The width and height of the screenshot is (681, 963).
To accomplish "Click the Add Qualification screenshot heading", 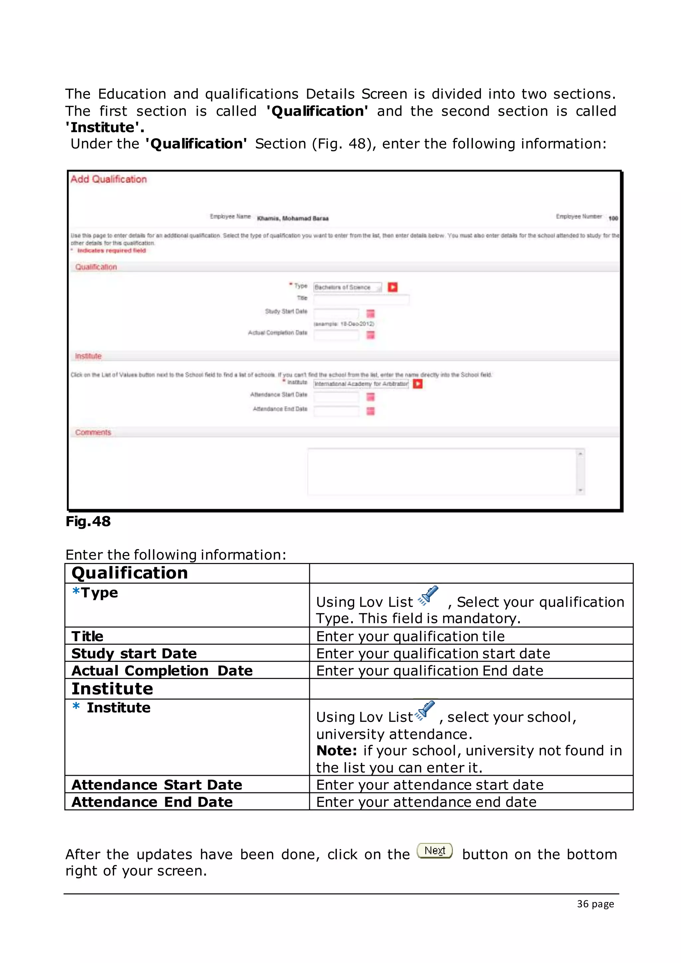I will [109, 180].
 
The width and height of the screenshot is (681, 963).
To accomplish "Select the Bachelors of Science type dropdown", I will [347, 287].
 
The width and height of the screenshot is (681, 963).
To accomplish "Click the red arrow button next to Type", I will [392, 287].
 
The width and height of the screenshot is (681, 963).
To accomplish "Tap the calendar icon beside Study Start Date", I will [370, 313].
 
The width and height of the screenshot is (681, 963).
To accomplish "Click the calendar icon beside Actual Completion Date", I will [370, 335].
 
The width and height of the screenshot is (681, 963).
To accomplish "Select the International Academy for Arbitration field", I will [361, 384].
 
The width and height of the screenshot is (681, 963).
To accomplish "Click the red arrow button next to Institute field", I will [418, 384].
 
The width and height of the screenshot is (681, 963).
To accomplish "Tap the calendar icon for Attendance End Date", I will [370, 411].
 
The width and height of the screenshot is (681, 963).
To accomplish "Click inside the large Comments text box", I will [442, 472].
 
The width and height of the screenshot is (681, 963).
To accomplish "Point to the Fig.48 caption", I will [88, 521].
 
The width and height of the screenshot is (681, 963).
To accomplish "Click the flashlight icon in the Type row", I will [429, 596].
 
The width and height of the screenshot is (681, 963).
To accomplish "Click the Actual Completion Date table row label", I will [162, 671].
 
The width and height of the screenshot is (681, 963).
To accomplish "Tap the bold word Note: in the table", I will [336, 751].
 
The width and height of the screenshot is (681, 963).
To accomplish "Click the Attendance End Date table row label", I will [152, 802].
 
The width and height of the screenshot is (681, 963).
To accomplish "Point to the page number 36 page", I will [595, 904].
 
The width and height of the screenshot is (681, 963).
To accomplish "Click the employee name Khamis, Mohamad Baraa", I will [293, 218].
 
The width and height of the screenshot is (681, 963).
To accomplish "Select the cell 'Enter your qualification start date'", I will [433, 653].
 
